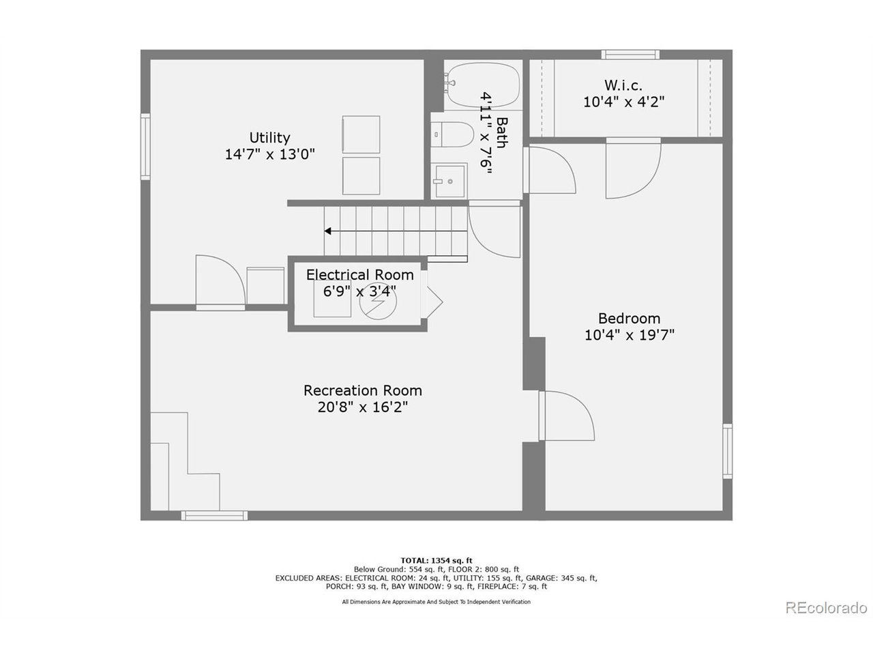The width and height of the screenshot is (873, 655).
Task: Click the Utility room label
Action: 269,138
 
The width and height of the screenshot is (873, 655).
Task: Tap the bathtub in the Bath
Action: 482,85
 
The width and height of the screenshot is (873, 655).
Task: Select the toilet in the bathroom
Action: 454,134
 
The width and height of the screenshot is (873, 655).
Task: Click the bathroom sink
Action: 450,181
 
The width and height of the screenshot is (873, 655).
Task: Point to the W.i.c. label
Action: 623,85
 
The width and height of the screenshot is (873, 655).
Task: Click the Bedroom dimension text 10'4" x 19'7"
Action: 629,335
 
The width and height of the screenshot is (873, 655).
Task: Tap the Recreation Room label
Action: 362,390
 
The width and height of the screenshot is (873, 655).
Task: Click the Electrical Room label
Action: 359,275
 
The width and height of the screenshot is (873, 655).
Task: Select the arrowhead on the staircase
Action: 328,231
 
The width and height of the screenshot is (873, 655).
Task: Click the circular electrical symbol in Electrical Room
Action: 377,302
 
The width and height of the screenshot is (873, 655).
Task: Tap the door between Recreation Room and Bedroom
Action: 566,416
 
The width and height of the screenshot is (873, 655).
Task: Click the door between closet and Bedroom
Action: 633,167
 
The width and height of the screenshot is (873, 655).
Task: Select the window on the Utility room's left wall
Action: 145,147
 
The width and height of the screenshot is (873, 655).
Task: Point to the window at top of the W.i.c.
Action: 630,55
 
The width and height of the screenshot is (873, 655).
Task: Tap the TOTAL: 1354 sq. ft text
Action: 436,559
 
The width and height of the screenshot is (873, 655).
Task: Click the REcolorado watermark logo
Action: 825,607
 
